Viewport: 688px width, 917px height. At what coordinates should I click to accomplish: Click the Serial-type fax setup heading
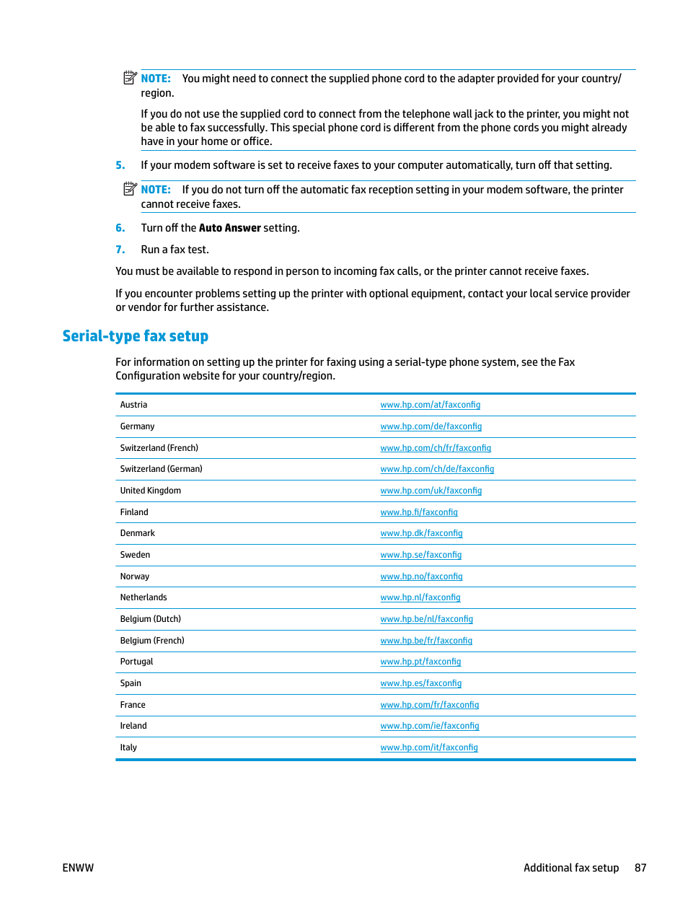point(135,336)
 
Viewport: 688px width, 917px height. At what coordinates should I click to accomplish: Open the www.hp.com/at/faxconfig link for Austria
point(430,405)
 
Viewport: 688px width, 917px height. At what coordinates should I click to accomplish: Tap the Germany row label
point(137,426)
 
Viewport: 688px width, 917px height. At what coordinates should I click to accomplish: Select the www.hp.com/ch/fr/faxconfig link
point(436,448)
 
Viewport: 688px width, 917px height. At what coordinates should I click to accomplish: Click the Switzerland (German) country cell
point(161,469)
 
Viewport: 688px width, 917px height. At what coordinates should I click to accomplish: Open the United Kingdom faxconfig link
point(431,491)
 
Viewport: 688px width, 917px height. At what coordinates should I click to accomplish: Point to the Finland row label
point(134,512)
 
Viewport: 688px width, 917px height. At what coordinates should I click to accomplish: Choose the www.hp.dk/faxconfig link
point(421,533)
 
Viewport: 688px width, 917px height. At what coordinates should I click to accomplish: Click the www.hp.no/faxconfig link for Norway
point(421,576)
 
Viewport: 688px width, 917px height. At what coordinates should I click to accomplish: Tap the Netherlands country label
point(144,597)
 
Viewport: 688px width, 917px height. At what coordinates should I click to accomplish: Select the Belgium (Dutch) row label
point(150,619)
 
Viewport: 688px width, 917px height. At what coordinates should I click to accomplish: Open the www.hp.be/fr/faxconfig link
point(426,641)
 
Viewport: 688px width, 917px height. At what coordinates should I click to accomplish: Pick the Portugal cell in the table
point(136,662)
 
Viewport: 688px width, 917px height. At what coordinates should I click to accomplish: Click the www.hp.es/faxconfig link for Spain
point(420,683)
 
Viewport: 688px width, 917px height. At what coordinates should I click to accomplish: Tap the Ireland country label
point(133,726)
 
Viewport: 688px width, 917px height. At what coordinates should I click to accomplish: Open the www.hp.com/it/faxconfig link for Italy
point(429,747)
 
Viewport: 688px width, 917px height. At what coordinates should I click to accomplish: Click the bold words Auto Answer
point(229,228)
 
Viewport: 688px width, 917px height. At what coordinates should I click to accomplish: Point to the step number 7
point(120,250)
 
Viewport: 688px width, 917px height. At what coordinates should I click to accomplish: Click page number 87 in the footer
point(640,868)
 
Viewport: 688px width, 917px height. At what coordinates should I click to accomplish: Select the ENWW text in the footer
point(78,868)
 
